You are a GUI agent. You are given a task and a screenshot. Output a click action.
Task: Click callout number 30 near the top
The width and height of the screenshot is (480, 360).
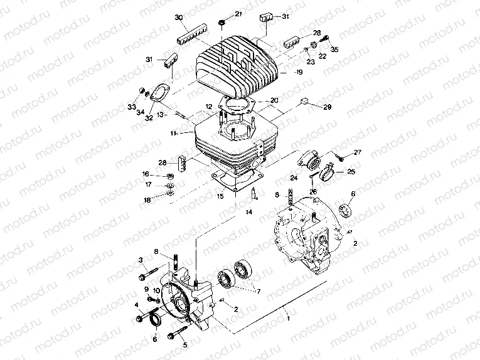click(x=179, y=18)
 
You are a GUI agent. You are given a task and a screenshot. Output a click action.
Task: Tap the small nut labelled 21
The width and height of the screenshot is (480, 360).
click(x=223, y=23)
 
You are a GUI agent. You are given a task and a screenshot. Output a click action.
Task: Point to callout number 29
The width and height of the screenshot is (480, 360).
click(x=327, y=107)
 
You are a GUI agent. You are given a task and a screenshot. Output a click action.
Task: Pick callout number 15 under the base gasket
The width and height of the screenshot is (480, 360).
click(x=220, y=196)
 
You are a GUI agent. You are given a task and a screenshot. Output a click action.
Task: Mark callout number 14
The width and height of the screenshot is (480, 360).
click(x=248, y=213)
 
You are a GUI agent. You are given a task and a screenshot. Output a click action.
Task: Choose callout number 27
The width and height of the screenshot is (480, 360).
click(x=358, y=152)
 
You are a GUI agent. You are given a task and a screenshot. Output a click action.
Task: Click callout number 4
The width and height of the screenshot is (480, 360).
click(x=136, y=305)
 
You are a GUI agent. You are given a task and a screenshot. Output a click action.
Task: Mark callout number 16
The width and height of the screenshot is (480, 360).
click(x=145, y=174)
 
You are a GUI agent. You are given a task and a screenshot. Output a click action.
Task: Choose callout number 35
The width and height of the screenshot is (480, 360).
click(x=334, y=48)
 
